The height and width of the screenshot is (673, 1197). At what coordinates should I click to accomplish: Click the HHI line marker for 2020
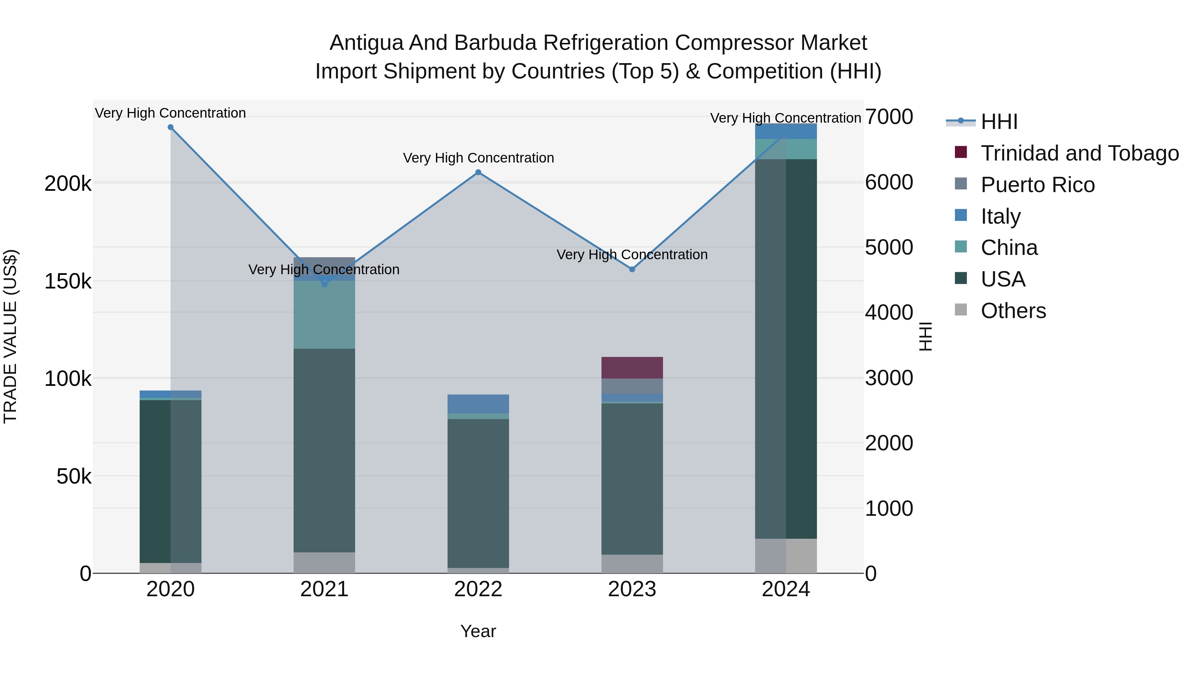[171, 127]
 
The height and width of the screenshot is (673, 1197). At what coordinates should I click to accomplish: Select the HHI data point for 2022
[478, 172]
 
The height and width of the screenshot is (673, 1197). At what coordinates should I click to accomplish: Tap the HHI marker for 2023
[632, 270]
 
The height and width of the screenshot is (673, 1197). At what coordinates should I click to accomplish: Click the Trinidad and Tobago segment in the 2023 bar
[632, 368]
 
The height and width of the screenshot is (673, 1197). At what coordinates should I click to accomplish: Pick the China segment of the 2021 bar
[324, 315]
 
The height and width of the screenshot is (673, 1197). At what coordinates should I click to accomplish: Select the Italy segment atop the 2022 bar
[478, 403]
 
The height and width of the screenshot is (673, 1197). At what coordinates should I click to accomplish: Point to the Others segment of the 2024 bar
[786, 556]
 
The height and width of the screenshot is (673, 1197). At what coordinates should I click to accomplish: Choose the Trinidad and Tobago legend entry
[1079, 153]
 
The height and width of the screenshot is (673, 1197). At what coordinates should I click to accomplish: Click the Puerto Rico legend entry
[1038, 185]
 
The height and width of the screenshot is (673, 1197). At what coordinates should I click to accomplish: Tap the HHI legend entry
[999, 122]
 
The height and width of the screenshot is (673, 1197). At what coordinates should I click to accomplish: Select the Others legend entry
[1013, 311]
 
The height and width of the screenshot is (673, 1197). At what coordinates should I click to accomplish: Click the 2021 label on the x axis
[324, 589]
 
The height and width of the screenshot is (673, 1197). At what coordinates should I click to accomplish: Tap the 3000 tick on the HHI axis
[888, 378]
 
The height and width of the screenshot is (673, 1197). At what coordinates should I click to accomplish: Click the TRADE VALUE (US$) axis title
[10, 336]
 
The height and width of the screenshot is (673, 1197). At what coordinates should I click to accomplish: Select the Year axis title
[478, 631]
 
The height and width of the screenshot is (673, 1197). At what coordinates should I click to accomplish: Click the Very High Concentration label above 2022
[478, 158]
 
